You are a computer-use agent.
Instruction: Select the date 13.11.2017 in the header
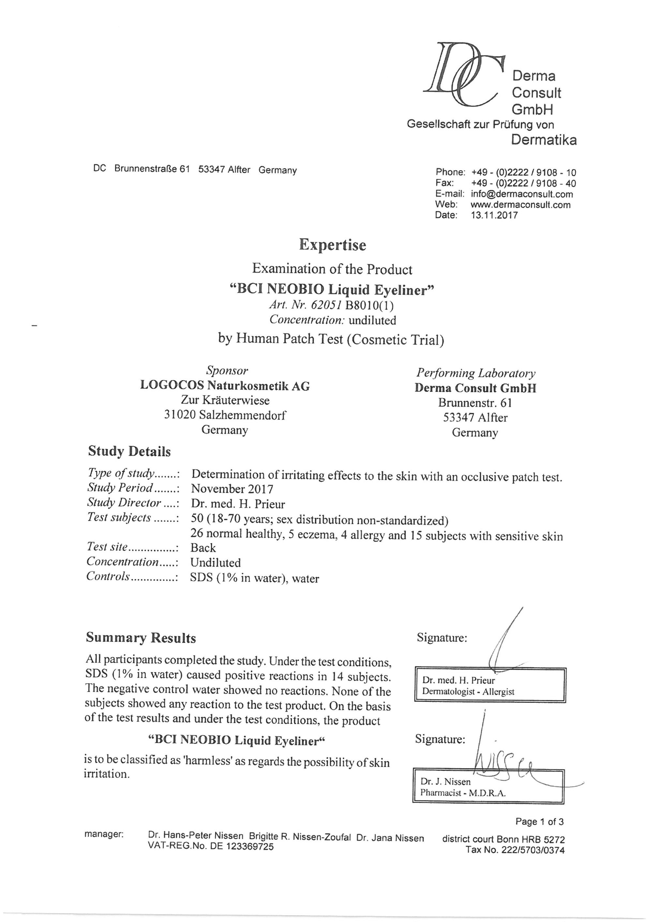pos(494,215)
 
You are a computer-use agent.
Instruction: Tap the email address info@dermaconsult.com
pos(522,194)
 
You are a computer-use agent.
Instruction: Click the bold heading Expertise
pos(333,245)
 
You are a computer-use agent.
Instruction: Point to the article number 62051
pos(326,305)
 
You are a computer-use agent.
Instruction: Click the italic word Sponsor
pos(227,370)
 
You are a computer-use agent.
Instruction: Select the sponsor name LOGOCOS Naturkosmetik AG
pos(225,386)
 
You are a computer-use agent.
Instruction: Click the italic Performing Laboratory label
pos(475,373)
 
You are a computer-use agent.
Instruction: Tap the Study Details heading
pos(129,452)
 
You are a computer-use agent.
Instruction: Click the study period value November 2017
pos(232,489)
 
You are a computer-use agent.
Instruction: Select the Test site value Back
pos(203,548)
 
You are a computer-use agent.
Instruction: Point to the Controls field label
pos(109,577)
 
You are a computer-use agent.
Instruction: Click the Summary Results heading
pos(141,638)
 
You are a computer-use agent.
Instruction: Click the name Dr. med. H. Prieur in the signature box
pos(458,681)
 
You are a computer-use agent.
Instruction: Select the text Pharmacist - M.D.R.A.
pos(463,793)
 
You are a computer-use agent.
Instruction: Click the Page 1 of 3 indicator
pos(539,822)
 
